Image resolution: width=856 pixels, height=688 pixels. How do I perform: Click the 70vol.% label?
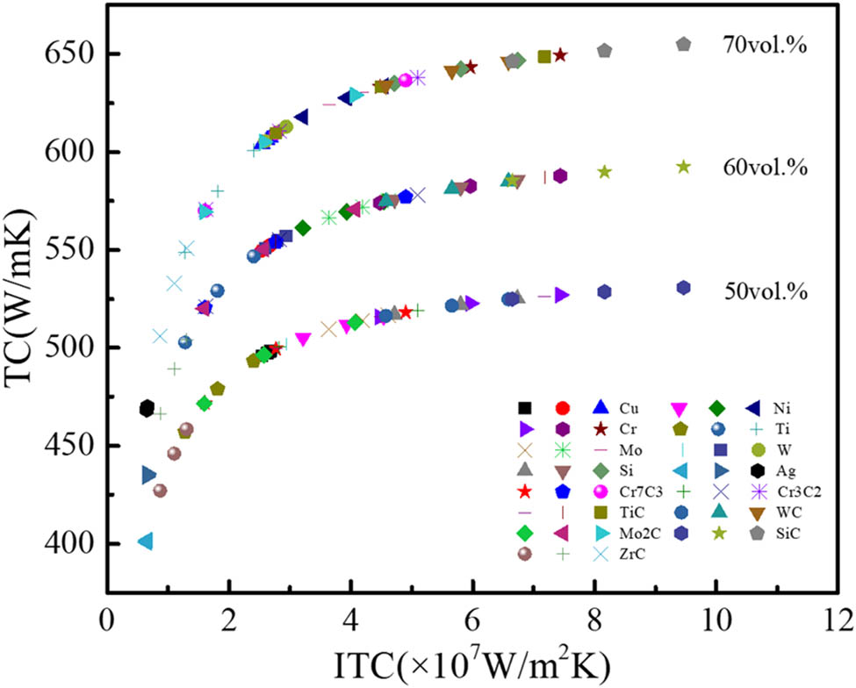(765, 43)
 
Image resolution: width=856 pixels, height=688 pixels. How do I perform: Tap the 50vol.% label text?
(766, 289)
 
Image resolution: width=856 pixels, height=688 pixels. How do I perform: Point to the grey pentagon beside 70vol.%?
(684, 43)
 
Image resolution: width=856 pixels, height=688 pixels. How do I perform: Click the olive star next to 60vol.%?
(684, 166)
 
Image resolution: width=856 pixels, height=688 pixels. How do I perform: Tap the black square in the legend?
(524, 408)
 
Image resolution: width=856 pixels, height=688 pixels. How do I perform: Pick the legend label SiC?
(780, 532)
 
